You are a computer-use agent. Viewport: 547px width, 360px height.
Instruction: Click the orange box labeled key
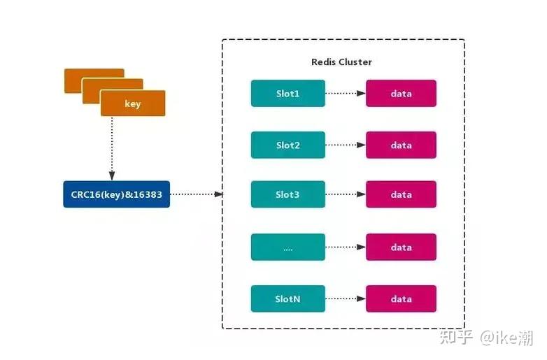133,103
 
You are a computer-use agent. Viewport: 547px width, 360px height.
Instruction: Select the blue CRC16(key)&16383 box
116,194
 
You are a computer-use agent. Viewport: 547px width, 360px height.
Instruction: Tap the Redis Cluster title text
341,62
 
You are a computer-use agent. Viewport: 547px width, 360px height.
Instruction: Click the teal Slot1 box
287,93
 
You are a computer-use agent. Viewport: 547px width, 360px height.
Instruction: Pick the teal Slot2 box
287,145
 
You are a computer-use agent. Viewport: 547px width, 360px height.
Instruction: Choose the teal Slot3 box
287,194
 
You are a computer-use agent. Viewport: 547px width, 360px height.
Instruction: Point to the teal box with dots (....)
287,247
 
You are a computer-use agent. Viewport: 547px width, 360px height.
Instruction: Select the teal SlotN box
287,298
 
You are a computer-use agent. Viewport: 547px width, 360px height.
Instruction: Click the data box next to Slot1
401,93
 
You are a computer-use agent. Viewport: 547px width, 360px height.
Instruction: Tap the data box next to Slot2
401,145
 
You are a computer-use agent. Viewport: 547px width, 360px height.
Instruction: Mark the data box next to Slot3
401,194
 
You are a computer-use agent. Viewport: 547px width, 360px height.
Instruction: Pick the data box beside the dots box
401,247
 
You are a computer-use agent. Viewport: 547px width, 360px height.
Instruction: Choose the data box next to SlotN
401,298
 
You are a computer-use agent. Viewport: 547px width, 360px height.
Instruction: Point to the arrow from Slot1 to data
345,93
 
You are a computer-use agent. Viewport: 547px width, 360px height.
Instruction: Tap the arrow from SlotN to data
345,298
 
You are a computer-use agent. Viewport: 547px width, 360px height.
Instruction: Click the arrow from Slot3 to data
345,194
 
